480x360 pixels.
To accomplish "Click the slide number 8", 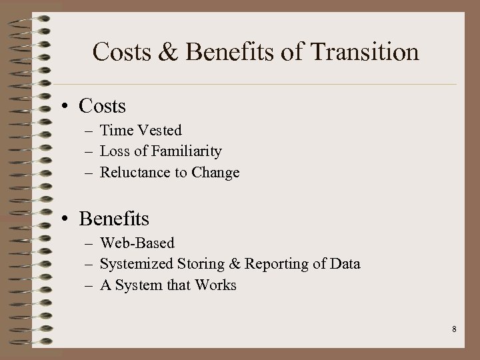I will pyautogui.click(x=453, y=329).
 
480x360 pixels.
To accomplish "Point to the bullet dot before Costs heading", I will pyautogui.click(x=67, y=107).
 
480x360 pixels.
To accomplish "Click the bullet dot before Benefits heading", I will pyautogui.click(x=67, y=219).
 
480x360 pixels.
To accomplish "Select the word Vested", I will pyautogui.click(x=159, y=131).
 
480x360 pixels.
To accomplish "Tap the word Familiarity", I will pyautogui.click(x=188, y=151).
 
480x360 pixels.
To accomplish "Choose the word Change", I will pyautogui.click(x=215, y=173).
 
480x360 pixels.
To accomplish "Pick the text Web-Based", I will pyautogui.click(x=137, y=243).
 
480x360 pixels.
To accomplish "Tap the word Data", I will pyautogui.click(x=344, y=264).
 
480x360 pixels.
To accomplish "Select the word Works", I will pyautogui.click(x=215, y=285).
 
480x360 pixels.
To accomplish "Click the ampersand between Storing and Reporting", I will pyautogui.click(x=235, y=264).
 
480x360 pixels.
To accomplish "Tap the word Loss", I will pyautogui.click(x=115, y=151).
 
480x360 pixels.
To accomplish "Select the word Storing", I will pyautogui.click(x=201, y=264).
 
